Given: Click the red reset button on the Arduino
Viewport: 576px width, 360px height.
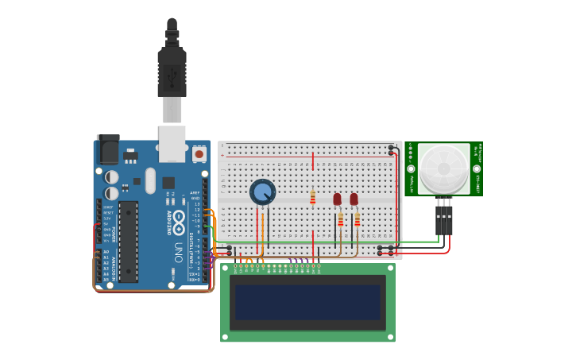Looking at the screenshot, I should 199,153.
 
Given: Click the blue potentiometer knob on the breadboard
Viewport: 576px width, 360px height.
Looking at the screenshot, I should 262,192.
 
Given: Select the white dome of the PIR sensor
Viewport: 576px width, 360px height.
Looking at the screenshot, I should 443,168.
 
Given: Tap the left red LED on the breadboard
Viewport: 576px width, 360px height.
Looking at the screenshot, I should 337,199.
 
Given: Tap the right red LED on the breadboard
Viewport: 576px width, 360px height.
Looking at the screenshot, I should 354,199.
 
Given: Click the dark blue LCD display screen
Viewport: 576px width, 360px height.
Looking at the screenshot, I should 307,303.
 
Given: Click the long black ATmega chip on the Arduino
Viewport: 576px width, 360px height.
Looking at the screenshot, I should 128,241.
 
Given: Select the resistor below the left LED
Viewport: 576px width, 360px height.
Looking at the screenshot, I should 341,219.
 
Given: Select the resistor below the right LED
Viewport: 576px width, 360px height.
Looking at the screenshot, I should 358,219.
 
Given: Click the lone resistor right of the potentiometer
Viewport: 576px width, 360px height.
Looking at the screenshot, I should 313,197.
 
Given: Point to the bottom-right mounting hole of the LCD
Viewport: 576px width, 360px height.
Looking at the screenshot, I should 389,336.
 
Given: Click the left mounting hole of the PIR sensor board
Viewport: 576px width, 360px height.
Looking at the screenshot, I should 412,168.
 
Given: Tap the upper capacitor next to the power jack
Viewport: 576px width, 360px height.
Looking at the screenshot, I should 112,177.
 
